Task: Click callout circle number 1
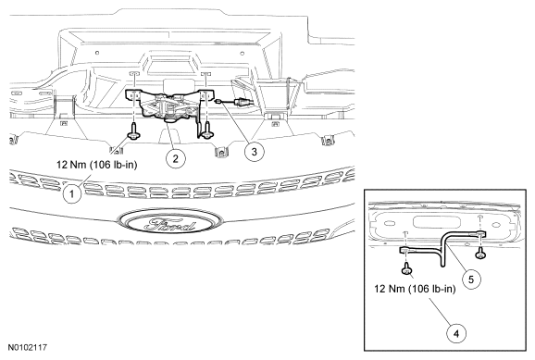(x=72, y=193)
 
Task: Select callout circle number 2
(x=176, y=158)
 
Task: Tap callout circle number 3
(x=255, y=152)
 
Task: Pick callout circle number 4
(x=456, y=333)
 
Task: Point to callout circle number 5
(x=471, y=279)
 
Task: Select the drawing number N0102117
(x=27, y=348)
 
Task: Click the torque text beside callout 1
(x=97, y=165)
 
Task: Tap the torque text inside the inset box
(x=415, y=289)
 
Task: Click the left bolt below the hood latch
(x=133, y=131)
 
